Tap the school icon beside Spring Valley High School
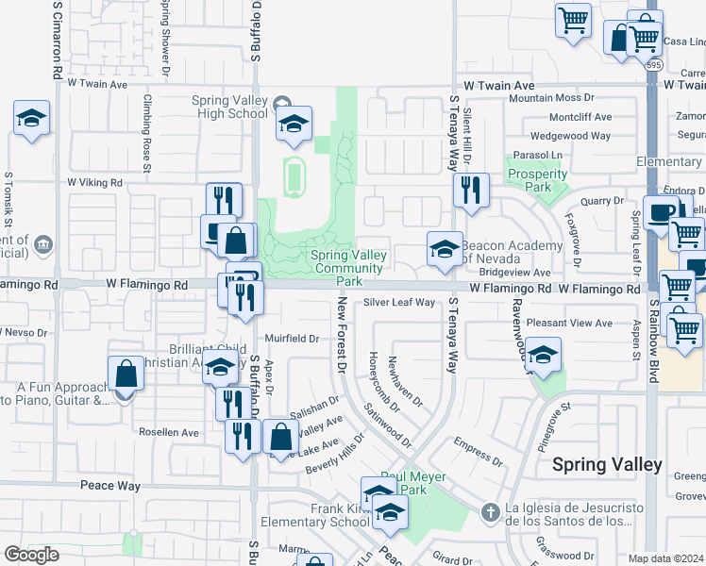pos(294,124)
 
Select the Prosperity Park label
pos(536,180)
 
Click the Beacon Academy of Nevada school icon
pos(445,249)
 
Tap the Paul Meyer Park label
pos(413,483)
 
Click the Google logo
pos(31,555)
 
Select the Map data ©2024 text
pos(666,558)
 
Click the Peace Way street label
pos(110,486)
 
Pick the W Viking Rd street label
pos(95,182)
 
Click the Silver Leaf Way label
pos(399,303)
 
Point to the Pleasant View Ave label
pos(569,323)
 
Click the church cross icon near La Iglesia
pos(489,512)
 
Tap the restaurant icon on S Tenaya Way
pos(470,190)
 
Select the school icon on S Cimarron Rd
pos(31,118)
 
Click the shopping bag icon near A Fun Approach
pos(126,375)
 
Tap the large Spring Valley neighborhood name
pos(607,464)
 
